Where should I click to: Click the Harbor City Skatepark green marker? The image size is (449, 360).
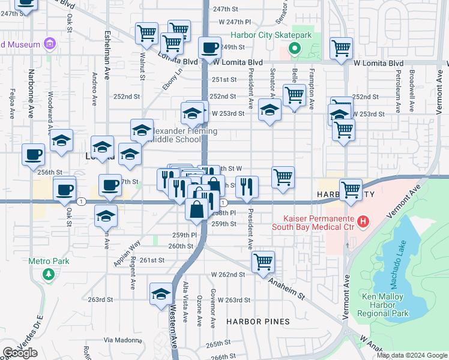(294, 48)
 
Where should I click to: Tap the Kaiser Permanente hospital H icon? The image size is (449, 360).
(363, 222)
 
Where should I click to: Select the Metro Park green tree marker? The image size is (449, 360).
(49, 274)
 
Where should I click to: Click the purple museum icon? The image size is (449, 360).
(49, 44)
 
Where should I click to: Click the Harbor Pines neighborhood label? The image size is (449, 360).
(258, 322)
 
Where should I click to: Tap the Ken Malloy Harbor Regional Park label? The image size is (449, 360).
(385, 304)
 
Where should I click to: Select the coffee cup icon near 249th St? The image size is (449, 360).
(209, 47)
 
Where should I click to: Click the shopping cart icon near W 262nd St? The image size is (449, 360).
(263, 262)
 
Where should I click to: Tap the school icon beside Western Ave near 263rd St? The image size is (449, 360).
(161, 294)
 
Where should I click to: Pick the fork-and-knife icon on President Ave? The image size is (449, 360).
(247, 187)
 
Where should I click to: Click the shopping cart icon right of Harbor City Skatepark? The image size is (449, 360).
(342, 48)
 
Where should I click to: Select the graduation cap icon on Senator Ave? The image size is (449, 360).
(270, 110)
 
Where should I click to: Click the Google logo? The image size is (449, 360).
(20, 353)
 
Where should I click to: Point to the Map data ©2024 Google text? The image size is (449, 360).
(412, 355)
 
